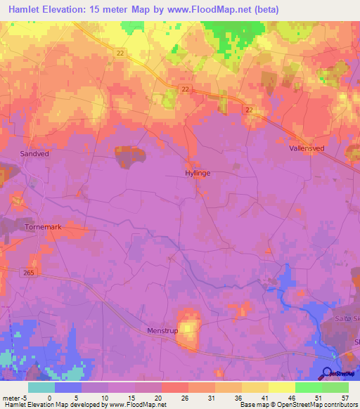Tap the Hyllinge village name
pyautogui.click(x=198, y=172)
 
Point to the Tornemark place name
pyautogui.click(x=44, y=228)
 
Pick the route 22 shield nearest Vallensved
pyautogui.click(x=250, y=110)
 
